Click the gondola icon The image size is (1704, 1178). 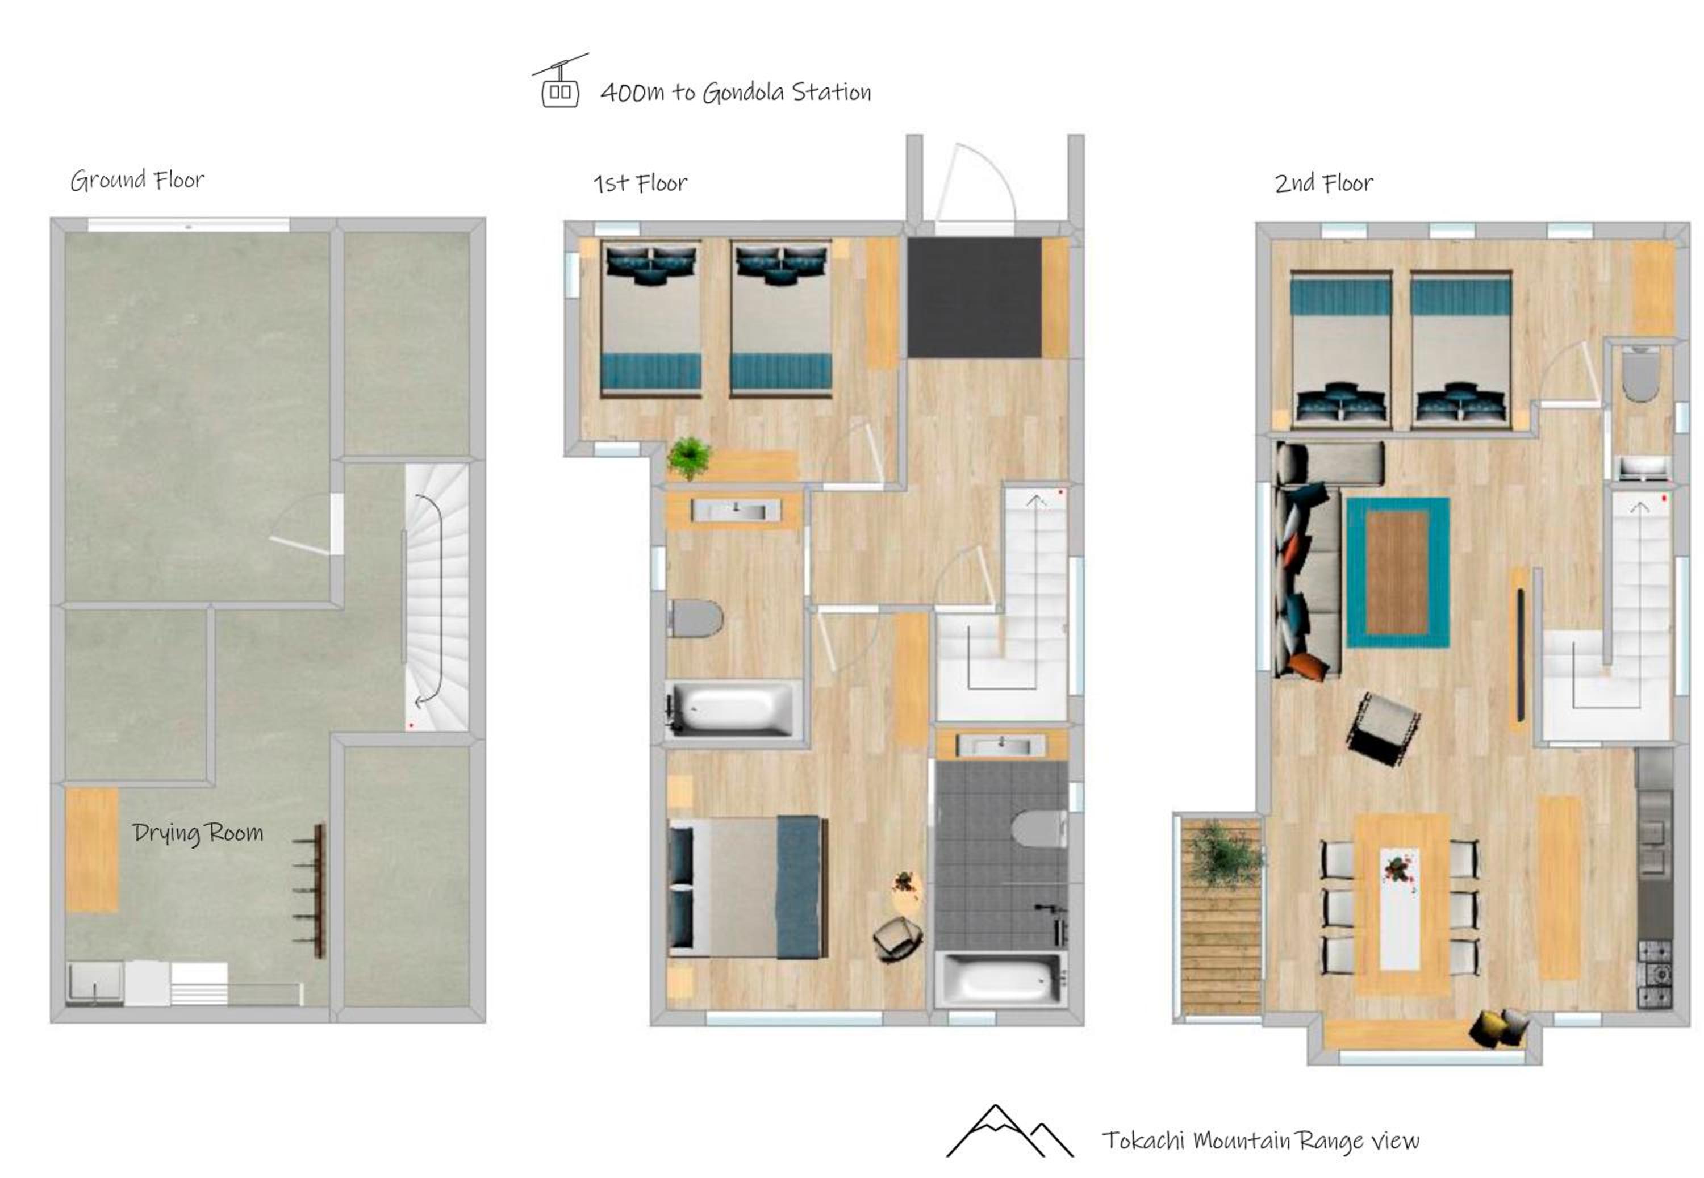point(559,81)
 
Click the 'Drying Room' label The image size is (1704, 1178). point(198,833)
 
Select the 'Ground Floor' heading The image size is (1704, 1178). point(137,180)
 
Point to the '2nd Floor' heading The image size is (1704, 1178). point(1323,183)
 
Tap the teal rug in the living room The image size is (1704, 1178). point(1397,573)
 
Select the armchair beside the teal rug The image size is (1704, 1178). point(1383,728)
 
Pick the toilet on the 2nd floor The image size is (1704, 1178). point(1640,374)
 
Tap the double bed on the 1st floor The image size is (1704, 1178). point(747,887)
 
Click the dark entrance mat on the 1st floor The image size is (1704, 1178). point(974,298)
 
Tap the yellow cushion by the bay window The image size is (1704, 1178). point(1486,1028)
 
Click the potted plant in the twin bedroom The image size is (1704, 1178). point(688,458)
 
